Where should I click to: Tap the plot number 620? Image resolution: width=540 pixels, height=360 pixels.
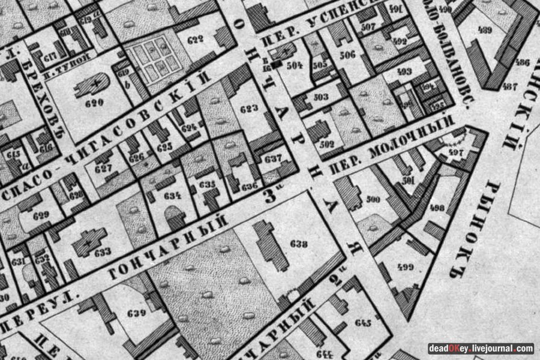pyautogui.click(x=94, y=103)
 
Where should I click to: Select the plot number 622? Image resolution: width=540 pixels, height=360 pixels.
pyautogui.click(x=196, y=40)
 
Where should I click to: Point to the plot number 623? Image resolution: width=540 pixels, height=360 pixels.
pyautogui.click(x=248, y=109)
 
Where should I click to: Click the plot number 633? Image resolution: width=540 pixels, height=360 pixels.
pyautogui.click(x=102, y=252)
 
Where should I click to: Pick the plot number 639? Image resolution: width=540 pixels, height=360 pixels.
pyautogui.click(x=137, y=313)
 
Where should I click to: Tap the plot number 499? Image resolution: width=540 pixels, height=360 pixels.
pyautogui.click(x=407, y=268)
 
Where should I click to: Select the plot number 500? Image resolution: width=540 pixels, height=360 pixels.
pyautogui.click(x=373, y=199)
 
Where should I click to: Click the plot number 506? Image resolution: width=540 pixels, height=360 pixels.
pyautogui.click(x=347, y=55)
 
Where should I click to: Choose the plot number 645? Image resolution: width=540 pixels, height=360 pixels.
pyautogui.click(x=363, y=323)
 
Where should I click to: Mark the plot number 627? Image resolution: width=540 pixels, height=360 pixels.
pyautogui.click(x=103, y=169)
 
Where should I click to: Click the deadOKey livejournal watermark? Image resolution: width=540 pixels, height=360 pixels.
pyautogui.click(x=481, y=348)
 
